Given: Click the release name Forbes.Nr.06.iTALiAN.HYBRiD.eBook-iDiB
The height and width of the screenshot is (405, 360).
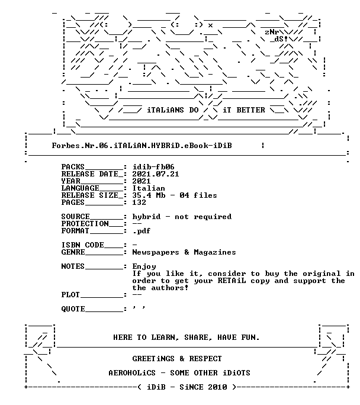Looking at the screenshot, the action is coord(142,146).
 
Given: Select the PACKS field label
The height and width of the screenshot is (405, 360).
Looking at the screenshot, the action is coord(73,167).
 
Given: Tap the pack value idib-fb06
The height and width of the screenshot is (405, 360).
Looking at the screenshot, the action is coord(153,167).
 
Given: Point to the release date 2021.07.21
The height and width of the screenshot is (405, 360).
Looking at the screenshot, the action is coord(156,174).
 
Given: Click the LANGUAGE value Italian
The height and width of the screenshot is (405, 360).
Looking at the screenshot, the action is coord(149,188).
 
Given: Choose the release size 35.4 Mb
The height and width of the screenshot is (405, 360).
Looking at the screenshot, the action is coord(149,195).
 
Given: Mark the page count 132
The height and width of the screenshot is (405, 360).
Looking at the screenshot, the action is coord(139,202).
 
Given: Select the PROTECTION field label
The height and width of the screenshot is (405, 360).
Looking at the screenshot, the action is coord(85,224).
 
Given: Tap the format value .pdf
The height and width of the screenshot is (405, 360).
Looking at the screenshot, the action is coord(142,231).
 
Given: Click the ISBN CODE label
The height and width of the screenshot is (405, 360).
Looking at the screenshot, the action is coord(83,245).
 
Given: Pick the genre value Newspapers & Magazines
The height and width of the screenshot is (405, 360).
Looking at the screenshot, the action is coord(184,252).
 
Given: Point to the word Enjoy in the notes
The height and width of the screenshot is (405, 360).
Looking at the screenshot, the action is coord(144,266).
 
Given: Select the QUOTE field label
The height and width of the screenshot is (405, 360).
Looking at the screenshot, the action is coord(73,309).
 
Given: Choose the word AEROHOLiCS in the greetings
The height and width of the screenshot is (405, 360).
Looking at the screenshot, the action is coord(132,373).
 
